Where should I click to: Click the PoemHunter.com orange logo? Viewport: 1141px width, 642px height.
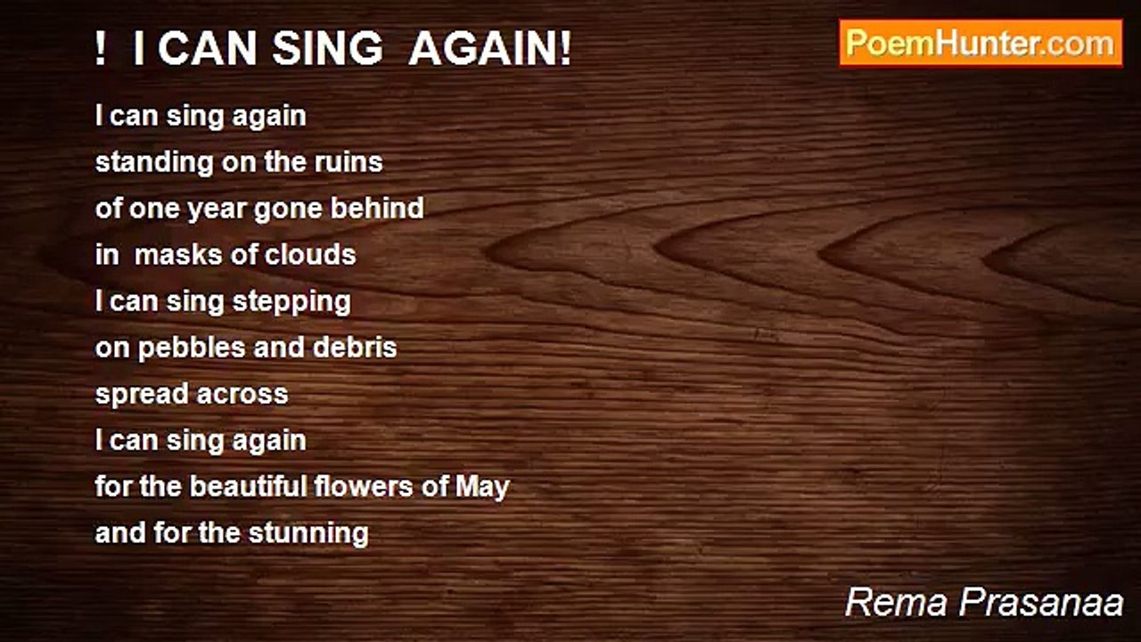(x=981, y=44)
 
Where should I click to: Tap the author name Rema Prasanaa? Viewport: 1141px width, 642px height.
(x=984, y=603)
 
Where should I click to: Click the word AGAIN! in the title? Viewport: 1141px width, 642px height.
(x=490, y=49)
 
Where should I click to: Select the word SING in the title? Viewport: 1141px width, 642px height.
(x=327, y=49)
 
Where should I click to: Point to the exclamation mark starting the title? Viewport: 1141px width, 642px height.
(x=101, y=49)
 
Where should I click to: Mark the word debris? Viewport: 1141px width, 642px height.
(x=355, y=347)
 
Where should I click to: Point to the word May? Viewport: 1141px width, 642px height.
(x=482, y=488)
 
